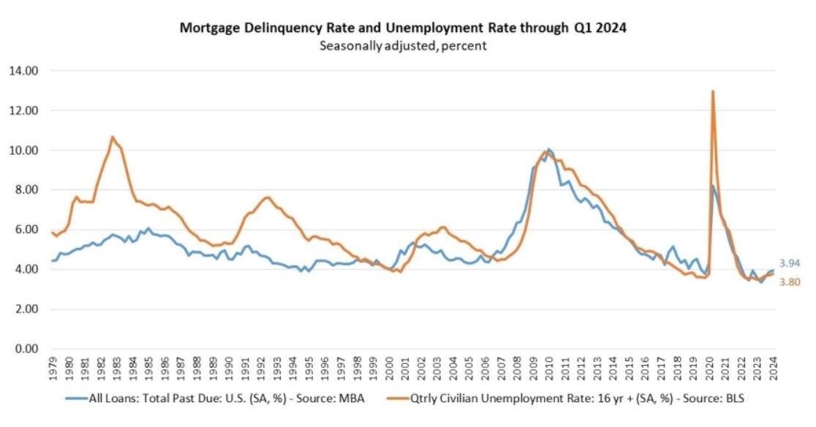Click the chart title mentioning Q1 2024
coord(402,29)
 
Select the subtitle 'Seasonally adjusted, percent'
coord(402,45)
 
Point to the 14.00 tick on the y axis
coord(23,71)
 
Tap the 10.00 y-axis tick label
coord(23,151)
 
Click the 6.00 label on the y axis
coord(23,230)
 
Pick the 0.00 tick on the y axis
coord(23,349)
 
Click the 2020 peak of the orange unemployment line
coord(712,91)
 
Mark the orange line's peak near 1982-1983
coord(112,137)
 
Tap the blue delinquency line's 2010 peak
coord(549,150)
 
